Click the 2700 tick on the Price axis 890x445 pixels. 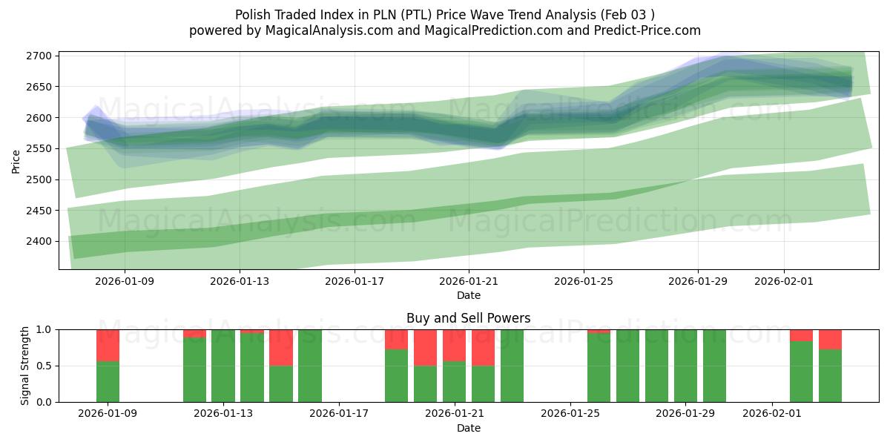39,56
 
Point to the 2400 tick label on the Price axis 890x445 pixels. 39,241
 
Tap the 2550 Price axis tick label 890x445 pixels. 39,148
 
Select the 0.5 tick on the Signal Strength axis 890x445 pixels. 43,366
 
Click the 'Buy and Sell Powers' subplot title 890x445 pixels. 468,318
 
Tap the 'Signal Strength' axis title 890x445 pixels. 24,366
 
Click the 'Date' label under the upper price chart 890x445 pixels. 468,295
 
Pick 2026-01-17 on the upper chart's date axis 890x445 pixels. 355,281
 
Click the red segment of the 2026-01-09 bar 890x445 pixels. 108,345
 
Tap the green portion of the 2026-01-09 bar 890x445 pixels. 108,382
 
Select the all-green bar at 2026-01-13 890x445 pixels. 223,366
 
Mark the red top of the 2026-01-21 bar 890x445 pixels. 455,345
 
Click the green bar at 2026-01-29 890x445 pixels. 686,366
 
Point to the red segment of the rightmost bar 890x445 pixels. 831,339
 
